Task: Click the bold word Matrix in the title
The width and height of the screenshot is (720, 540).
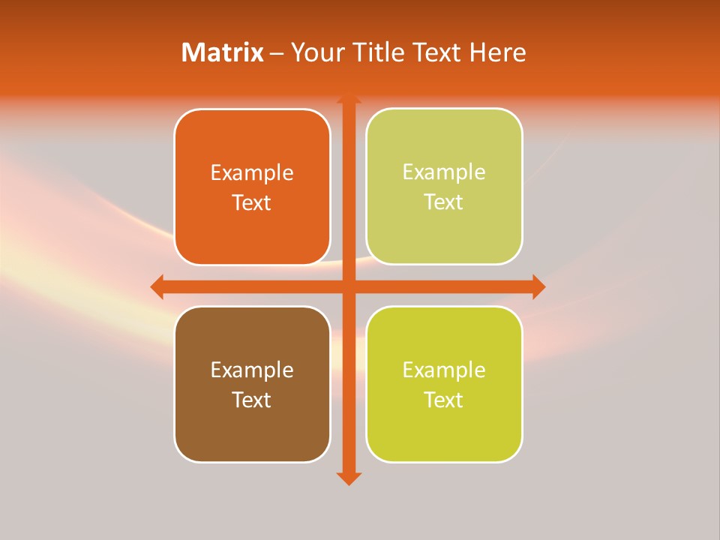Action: (x=222, y=52)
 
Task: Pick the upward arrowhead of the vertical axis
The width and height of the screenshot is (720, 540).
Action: (x=349, y=100)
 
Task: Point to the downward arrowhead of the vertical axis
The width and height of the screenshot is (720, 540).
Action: (x=349, y=478)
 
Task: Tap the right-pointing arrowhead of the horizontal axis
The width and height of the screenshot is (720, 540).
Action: (x=538, y=286)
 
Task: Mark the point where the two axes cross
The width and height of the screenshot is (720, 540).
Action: (x=349, y=286)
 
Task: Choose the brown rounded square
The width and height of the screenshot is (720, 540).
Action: (x=252, y=427)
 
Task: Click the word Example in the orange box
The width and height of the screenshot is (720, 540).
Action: (x=252, y=173)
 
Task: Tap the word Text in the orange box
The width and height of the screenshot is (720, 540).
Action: (x=252, y=202)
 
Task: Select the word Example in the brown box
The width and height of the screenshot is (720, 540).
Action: (x=252, y=370)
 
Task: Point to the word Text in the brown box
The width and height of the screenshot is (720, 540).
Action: (x=252, y=400)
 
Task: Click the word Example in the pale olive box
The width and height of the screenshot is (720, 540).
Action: (x=444, y=172)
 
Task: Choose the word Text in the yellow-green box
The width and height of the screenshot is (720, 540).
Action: (x=444, y=400)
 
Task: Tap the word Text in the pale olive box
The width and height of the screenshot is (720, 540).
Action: (x=444, y=202)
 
